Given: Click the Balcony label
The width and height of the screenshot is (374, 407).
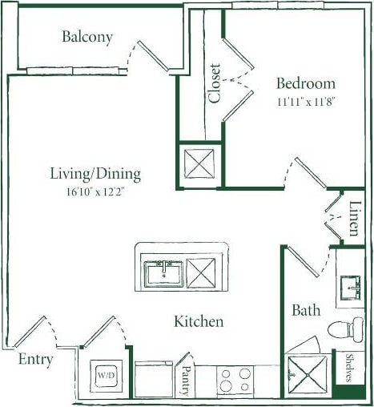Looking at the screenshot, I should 87,37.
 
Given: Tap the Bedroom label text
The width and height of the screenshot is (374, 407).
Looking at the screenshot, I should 305,83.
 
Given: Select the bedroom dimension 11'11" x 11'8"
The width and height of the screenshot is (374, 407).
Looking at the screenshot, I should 305,103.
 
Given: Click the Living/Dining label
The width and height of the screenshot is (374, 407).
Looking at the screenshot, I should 95,174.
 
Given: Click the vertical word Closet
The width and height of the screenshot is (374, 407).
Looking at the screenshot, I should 215,83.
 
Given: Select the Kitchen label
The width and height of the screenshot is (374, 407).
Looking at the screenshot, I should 199,321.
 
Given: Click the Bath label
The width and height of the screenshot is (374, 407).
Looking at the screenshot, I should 306,310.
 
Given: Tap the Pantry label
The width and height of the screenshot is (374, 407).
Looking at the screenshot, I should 186,377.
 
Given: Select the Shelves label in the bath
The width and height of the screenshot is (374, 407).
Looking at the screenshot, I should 349,369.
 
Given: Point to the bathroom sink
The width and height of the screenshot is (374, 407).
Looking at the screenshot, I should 351,286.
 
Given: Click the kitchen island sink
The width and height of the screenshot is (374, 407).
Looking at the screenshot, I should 164,273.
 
